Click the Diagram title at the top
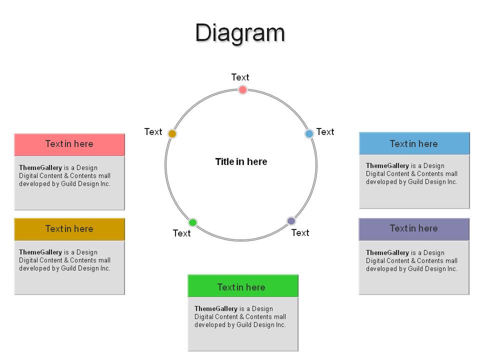click(x=240, y=33)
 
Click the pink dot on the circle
click(x=242, y=89)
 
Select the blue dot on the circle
click(x=309, y=133)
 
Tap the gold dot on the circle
click(x=172, y=134)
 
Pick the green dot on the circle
click(x=192, y=222)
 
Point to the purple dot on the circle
click(x=291, y=220)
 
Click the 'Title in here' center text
click(x=241, y=161)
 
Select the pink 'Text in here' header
click(x=69, y=144)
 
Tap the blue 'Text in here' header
click(x=414, y=143)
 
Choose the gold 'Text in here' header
click(x=69, y=229)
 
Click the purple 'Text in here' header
click(x=414, y=229)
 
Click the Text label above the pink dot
click(x=240, y=77)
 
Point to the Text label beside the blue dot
click(x=325, y=131)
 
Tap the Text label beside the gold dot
click(x=153, y=131)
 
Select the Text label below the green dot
click(x=181, y=233)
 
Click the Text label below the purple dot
click(x=300, y=232)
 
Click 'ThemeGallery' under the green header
click(x=216, y=308)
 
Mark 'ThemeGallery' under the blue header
click(x=387, y=165)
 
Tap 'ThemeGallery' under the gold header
click(x=40, y=252)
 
